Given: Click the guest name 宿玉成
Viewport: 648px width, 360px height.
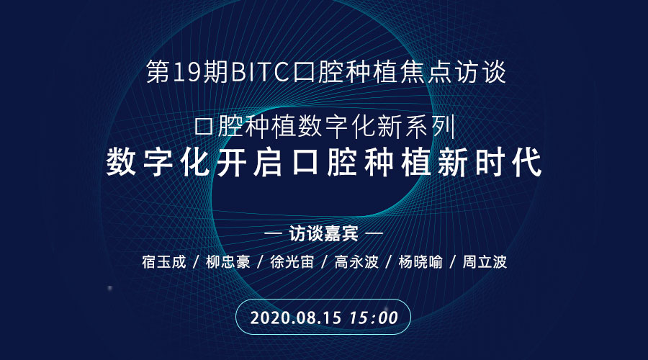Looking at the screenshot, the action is pyautogui.click(x=164, y=262).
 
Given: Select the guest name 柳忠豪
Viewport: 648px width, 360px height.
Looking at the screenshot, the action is pyautogui.click(x=228, y=262).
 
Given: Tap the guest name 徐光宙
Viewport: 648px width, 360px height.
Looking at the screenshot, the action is pyautogui.click(x=292, y=262).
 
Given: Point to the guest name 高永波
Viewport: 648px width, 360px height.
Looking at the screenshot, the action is pyautogui.click(x=356, y=262).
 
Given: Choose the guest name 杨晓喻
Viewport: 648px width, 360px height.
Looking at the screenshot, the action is pyautogui.click(x=420, y=262).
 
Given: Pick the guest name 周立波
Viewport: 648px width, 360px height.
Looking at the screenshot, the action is pyautogui.click(x=485, y=262).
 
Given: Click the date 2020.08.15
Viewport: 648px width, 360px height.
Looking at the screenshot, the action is pyautogui.click(x=296, y=318).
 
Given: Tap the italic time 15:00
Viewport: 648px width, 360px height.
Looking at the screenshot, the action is pyautogui.click(x=374, y=318).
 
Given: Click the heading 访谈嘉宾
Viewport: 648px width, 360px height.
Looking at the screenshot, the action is pyautogui.click(x=323, y=234).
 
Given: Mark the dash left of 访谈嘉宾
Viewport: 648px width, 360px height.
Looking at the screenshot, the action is pyautogui.click(x=273, y=234).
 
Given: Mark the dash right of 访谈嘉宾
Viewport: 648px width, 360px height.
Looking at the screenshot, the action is pyautogui.click(x=374, y=234).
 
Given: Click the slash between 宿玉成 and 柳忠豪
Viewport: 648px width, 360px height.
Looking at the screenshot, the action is pyautogui.click(x=197, y=262).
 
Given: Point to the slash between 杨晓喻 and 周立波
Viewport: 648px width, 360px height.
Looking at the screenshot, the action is pyautogui.click(x=453, y=262).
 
